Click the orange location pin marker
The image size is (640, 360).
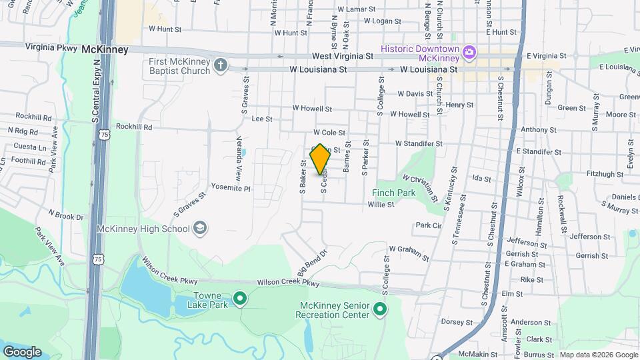tap(321, 159)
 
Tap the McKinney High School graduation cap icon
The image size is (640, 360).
tap(199, 229)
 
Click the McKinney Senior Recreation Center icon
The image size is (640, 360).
tap(380, 309)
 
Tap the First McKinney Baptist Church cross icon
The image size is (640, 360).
tap(221, 65)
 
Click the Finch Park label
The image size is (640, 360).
tap(393, 193)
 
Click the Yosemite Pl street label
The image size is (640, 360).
tap(230, 188)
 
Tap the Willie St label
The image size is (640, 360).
tap(381, 205)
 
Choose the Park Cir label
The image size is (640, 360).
tap(429, 225)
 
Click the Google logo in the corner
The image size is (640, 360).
tap(22, 351)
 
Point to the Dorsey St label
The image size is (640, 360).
tap(457, 321)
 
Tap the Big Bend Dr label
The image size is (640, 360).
tap(313, 263)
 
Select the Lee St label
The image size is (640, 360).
tap(263, 119)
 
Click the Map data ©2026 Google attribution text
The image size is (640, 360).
tap(598, 355)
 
